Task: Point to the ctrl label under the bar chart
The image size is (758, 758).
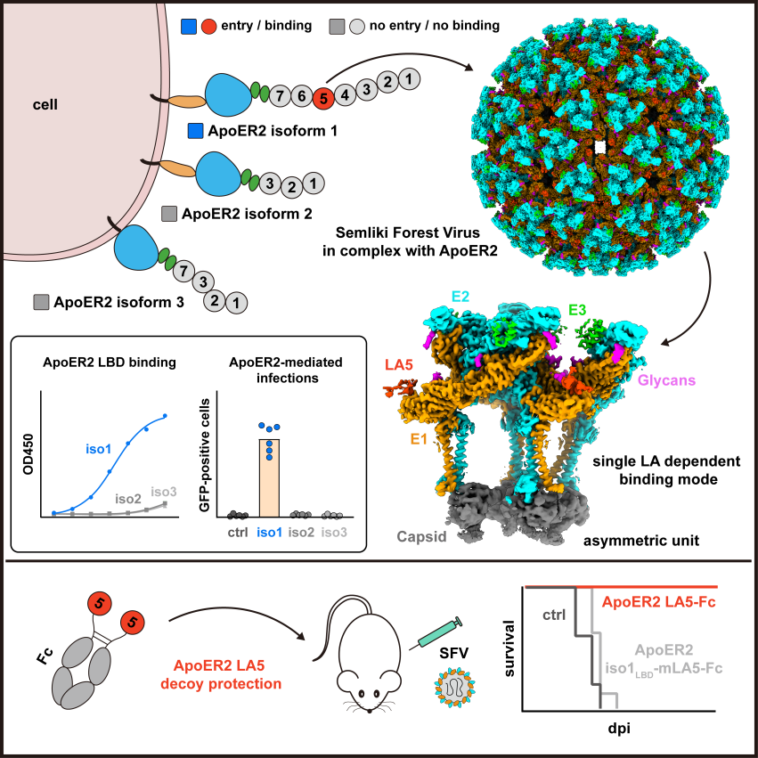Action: [237, 533]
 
